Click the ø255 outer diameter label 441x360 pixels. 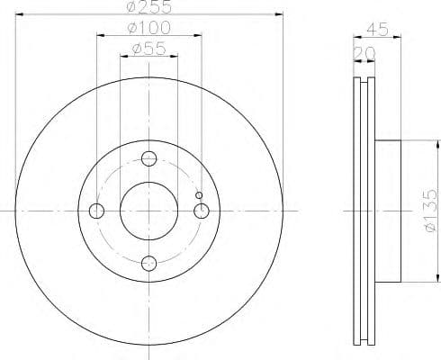pyautogui.click(x=148, y=8)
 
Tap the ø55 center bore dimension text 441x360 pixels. pyautogui.click(x=148, y=50)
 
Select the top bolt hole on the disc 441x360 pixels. pyautogui.click(x=149, y=159)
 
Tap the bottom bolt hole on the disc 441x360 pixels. pyautogui.click(x=149, y=263)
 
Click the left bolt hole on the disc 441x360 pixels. pyautogui.click(x=97, y=211)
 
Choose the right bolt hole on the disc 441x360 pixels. pyautogui.click(x=202, y=211)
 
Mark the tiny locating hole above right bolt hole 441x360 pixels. pyautogui.click(x=200, y=195)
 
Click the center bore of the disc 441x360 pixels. pyautogui.click(x=149, y=211)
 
